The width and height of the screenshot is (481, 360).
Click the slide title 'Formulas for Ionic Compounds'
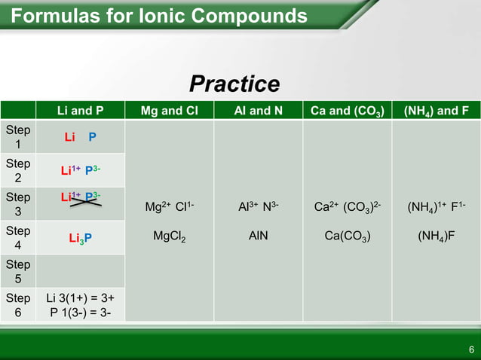pyautogui.click(x=159, y=16)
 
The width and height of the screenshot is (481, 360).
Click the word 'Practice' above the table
pyautogui.click(x=234, y=84)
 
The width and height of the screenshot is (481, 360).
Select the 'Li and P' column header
pyautogui.click(x=81, y=111)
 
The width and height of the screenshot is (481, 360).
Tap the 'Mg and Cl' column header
pyautogui.click(x=170, y=111)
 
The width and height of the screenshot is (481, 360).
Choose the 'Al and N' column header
pyautogui.click(x=259, y=111)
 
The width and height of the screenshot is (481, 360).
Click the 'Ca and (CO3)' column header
pyautogui.click(x=348, y=111)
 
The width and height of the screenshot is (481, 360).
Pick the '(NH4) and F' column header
pyautogui.click(x=437, y=111)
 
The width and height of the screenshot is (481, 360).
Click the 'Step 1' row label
pyautogui.click(x=18, y=137)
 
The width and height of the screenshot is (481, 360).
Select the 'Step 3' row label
pyautogui.click(x=18, y=205)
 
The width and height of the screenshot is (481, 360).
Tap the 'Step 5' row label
pyautogui.click(x=18, y=272)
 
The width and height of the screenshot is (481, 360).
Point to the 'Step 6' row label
pyautogui.click(x=18, y=305)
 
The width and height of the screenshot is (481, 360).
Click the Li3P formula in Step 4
pyautogui.click(x=81, y=239)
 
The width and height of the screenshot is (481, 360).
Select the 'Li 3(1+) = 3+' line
pyautogui.click(x=81, y=298)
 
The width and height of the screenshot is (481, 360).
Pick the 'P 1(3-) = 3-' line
pyautogui.click(x=81, y=313)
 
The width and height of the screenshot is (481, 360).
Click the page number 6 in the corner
pyautogui.click(x=470, y=349)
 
